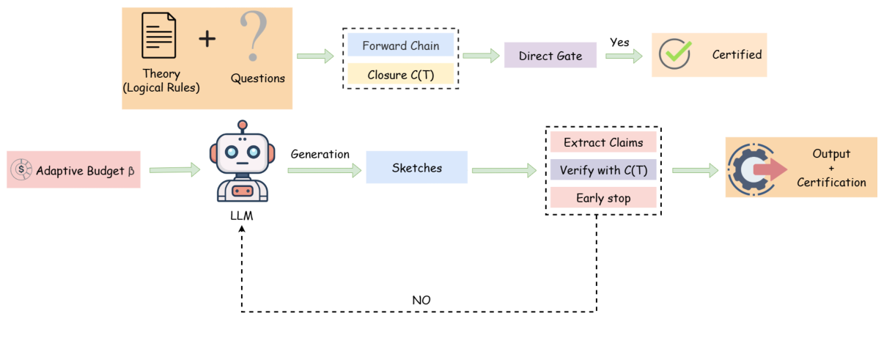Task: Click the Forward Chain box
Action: pyautogui.click(x=401, y=45)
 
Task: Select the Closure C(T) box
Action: pyautogui.click(x=401, y=75)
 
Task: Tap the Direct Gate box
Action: pyautogui.click(x=550, y=56)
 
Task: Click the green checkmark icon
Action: pyautogui.click(x=674, y=54)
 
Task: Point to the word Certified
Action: pyautogui.click(x=737, y=54)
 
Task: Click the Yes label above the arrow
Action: pyautogui.click(x=619, y=43)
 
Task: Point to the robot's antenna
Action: pyautogui.click(x=243, y=126)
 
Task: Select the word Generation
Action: pyautogui.click(x=320, y=154)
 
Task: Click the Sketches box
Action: pyautogui.click(x=416, y=168)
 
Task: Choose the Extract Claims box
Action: pyautogui.click(x=603, y=142)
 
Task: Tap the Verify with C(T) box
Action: pyautogui.click(x=603, y=170)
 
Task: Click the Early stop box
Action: pyautogui.click(x=603, y=198)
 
